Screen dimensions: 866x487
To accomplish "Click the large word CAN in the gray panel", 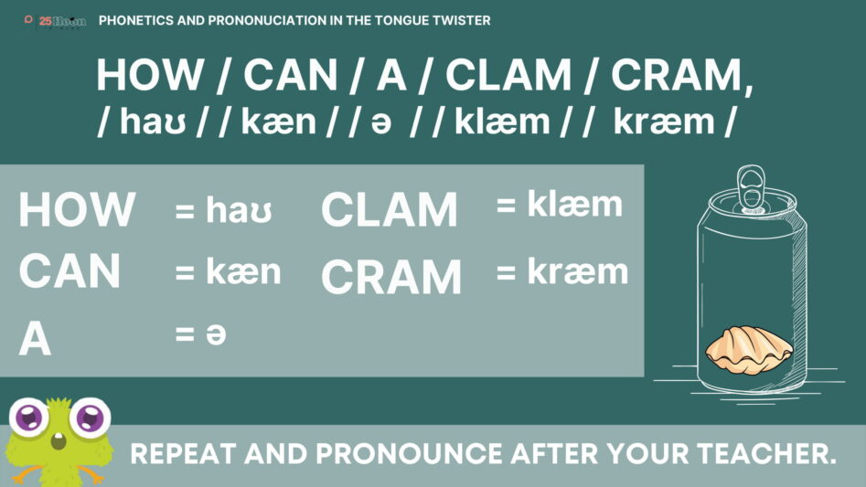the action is point(69,270).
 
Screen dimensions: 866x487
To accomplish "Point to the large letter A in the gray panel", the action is point(35,339).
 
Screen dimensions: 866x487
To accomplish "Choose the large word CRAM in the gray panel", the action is point(391,277).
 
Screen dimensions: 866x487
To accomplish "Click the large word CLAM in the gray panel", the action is point(390,209).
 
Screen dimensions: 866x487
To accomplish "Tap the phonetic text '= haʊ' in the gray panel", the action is point(224,210).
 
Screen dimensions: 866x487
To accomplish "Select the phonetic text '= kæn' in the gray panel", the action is point(228,271).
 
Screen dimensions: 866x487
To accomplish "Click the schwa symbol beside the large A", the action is point(216,334).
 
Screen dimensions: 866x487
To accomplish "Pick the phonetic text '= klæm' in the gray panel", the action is point(559,204).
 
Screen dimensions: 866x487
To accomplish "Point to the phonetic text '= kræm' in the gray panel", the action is point(562,271).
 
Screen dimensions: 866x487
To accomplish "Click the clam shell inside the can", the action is point(749,350).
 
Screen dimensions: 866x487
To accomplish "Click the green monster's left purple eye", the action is point(29,417).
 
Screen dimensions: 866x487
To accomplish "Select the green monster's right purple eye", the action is point(90,417).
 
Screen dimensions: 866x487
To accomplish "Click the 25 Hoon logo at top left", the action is point(55,22).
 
